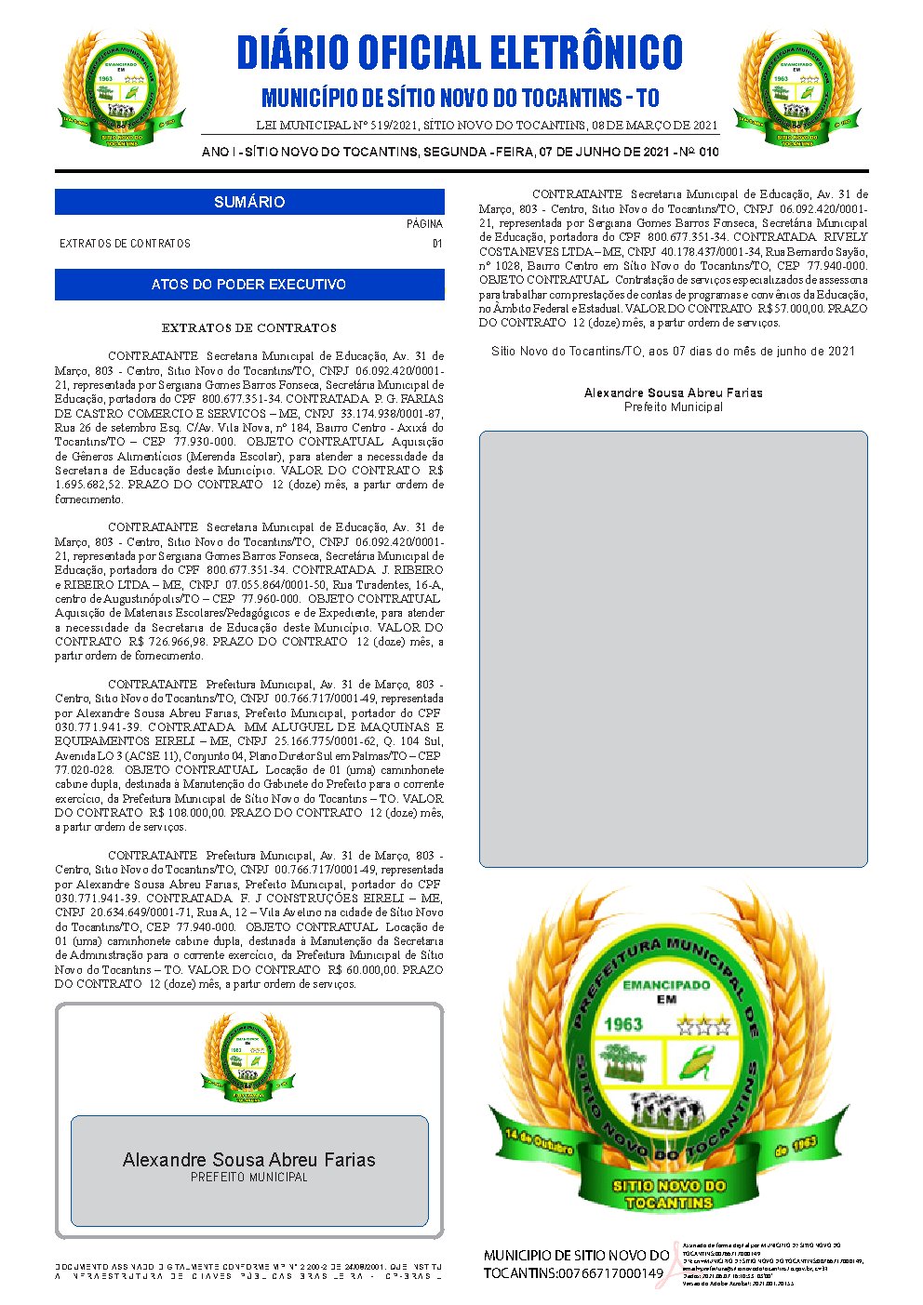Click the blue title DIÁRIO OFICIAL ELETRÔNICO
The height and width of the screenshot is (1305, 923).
[x=460, y=52]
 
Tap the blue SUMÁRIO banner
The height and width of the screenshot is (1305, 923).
[x=249, y=202]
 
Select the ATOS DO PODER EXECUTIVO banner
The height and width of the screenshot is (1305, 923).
[x=249, y=285]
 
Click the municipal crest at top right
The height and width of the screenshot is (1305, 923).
[x=797, y=89]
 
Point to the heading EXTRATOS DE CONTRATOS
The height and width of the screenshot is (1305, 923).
[x=248, y=328]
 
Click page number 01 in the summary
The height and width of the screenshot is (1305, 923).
[x=436, y=244]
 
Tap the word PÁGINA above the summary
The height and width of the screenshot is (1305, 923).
[x=424, y=224]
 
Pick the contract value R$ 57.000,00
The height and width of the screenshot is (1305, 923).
[x=791, y=309]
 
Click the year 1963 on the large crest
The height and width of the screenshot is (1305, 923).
[x=622, y=1024]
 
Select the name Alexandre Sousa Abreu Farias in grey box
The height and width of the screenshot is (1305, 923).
[x=249, y=1160]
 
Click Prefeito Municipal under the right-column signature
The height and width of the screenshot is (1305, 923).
[x=673, y=407]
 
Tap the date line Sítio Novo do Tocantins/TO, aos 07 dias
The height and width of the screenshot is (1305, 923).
[x=673, y=352]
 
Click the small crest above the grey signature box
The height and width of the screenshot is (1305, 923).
[x=248, y=1057]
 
